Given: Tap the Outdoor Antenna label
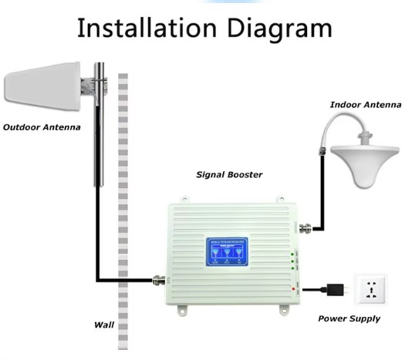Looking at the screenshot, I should click(42, 126).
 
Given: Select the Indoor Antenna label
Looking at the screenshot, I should click(365, 105).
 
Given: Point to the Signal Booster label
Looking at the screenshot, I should click(229, 175).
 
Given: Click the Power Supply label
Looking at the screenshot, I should click(349, 318).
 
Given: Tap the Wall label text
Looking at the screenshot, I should click(104, 325).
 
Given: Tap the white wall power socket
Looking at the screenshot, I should click(369, 291).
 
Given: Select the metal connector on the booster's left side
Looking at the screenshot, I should click(160, 280).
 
